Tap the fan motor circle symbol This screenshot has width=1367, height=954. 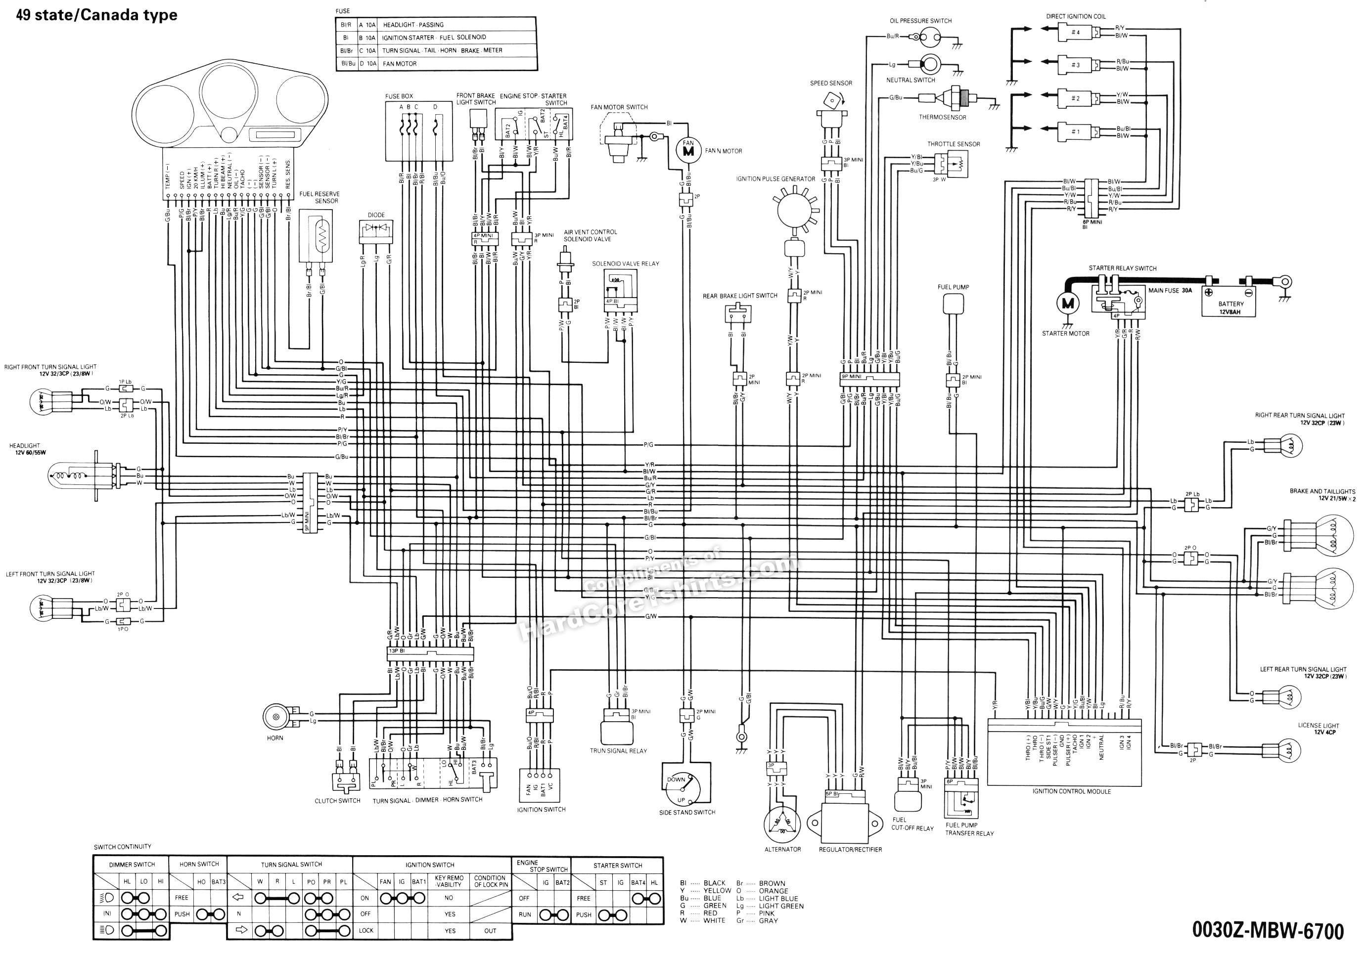point(688,150)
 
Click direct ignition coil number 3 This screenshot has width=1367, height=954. point(1075,64)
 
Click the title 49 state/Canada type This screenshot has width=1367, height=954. point(96,15)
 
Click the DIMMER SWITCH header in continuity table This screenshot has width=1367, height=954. point(132,865)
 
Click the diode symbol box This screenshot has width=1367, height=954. point(376,231)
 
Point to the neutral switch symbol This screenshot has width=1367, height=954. point(928,64)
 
